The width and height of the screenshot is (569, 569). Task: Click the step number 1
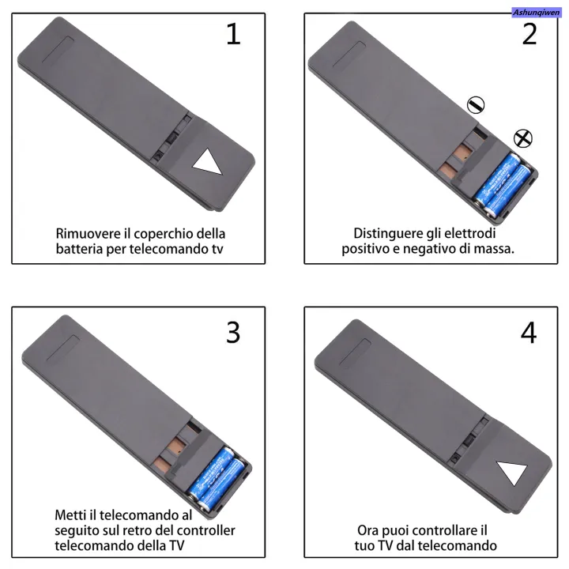[x=233, y=34]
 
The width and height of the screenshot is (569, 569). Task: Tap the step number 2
[x=529, y=34]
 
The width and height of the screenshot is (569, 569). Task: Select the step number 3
[x=233, y=333]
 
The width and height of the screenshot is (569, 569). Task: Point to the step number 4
[x=529, y=333]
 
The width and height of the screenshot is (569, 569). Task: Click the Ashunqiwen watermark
[x=536, y=13]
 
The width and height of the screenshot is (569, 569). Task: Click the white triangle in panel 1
[x=207, y=161]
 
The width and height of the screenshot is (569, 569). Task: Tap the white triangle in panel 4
[x=512, y=473]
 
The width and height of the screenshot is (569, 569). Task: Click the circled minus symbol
[x=476, y=105]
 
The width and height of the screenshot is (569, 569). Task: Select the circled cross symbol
[x=523, y=138]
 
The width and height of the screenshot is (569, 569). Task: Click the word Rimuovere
[x=89, y=233]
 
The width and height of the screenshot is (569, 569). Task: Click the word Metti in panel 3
[x=70, y=515]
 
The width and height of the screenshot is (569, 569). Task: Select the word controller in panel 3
[x=208, y=530]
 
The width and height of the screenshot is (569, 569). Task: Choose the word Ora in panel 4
[x=368, y=530]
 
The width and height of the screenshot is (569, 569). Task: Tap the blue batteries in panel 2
[x=503, y=185]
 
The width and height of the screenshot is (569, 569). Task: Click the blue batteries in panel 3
[x=217, y=478]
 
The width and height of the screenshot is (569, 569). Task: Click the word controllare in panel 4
[x=441, y=530]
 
